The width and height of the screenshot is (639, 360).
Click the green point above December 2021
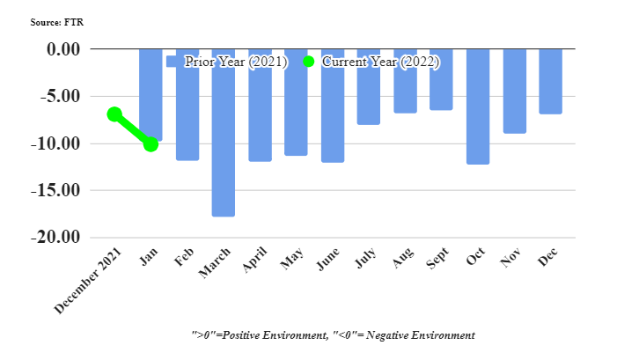(114, 114)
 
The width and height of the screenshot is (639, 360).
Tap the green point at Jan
(151, 143)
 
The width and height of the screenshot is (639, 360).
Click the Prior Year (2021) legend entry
(227, 62)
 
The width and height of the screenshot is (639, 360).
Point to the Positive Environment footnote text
(334, 335)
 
